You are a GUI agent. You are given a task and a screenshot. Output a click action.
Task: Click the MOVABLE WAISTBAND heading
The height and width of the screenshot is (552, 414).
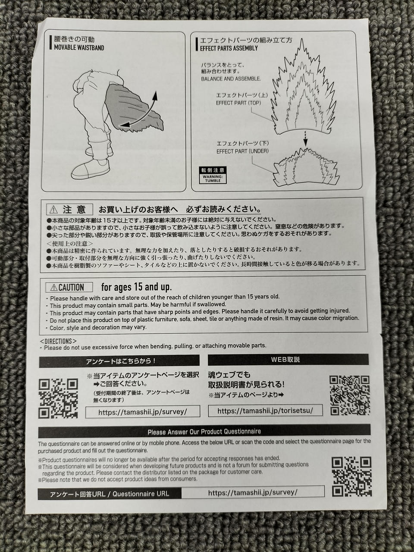pos(79,47)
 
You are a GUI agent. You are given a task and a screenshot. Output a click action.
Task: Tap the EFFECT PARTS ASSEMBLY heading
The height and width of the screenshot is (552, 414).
pos(229,48)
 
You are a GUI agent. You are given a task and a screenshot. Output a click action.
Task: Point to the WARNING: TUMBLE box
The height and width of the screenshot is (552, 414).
pos(213,175)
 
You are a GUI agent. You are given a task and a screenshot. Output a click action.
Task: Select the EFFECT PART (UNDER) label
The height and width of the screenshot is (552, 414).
pos(242,151)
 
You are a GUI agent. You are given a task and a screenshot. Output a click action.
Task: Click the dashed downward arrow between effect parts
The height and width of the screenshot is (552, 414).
pos(305,138)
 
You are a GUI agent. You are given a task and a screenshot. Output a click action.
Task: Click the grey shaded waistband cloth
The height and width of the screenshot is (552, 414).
pos(131,108)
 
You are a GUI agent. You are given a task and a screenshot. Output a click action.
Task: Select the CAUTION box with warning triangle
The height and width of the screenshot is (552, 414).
pos(69,287)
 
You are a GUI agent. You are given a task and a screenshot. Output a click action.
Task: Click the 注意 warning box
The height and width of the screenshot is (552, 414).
pos(69,209)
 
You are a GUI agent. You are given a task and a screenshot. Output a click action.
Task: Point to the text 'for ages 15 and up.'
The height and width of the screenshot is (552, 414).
pos(137,287)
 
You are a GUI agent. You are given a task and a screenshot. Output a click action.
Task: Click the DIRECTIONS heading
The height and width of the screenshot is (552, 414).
pos(58,341)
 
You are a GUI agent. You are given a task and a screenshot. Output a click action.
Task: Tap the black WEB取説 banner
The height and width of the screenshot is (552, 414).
pos(288,360)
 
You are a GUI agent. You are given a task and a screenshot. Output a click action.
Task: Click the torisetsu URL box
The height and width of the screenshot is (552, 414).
pos(265,411)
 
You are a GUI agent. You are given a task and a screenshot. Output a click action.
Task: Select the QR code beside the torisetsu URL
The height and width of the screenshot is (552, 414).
pos(349,395)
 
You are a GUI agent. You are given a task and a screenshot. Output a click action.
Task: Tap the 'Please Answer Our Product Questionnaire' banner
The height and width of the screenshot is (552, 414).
pos(204,431)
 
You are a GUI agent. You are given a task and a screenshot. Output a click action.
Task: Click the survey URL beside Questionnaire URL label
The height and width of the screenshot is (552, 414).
pos(253,492)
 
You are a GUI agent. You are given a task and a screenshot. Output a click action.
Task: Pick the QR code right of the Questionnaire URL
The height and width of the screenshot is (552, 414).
pos(351,477)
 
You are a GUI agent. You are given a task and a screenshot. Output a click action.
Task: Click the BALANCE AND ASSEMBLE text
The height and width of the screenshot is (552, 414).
pos(231,79)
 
